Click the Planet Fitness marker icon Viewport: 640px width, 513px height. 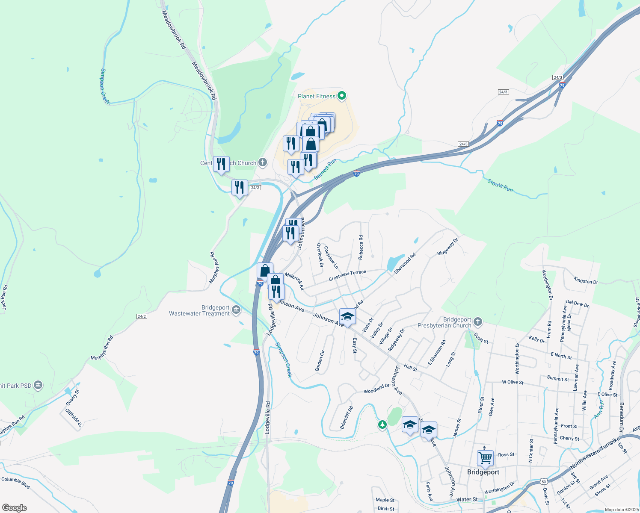tap(341, 96)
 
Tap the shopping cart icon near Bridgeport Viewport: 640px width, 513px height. tap(485, 458)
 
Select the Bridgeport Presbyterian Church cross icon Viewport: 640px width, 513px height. tap(478, 321)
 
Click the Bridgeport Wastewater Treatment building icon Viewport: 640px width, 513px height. tap(236, 310)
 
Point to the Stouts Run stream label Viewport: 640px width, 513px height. tap(500, 186)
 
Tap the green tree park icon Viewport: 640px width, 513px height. tap(382, 425)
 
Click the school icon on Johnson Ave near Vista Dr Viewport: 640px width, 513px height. tap(347, 317)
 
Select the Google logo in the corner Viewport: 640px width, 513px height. tap(14, 507)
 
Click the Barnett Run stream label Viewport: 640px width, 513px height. tap(325, 169)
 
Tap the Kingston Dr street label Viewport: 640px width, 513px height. tap(586, 281)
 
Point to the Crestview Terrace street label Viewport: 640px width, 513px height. tap(347, 276)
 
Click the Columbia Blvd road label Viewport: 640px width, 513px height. tap(16, 483)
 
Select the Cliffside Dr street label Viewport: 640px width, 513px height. tap(73, 418)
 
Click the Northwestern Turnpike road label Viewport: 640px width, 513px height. tap(595, 454)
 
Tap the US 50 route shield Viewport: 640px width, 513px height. tap(544, 481)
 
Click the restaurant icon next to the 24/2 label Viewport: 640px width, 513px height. tap(240, 188)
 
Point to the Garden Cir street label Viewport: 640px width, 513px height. tap(320, 360)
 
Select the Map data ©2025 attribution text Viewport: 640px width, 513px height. tap(621, 510)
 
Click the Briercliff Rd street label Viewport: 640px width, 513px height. tap(347, 417)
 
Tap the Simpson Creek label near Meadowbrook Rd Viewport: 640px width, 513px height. tap(105, 86)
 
